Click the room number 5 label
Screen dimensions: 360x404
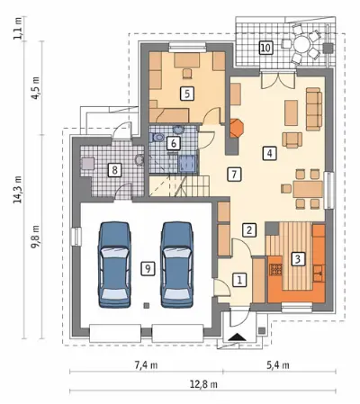pos(187,94)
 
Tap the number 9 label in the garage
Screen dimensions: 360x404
pos(148,268)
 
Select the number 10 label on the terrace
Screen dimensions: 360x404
pos(265,48)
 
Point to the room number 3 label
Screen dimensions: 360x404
pos(298,258)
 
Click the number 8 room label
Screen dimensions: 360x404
pos(114,171)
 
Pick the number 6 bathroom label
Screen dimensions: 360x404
pos(174,143)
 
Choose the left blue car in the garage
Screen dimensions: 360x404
pos(114,265)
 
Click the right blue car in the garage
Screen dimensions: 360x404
pos(177,265)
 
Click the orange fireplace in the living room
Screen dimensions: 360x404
pos(237,129)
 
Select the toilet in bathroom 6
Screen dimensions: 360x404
pos(157,138)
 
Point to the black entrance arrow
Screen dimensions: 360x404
pos(237,337)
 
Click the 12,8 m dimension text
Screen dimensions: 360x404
pos(203,384)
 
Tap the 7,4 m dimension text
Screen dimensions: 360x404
pos(146,365)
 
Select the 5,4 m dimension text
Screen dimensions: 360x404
pos(278,365)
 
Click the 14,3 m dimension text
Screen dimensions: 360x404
pos(18,190)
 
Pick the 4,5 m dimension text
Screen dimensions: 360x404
pos(35,88)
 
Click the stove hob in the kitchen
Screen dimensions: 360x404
pos(276,269)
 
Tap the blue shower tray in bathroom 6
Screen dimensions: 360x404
pos(187,164)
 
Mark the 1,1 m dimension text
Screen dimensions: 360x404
pos(18,28)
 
